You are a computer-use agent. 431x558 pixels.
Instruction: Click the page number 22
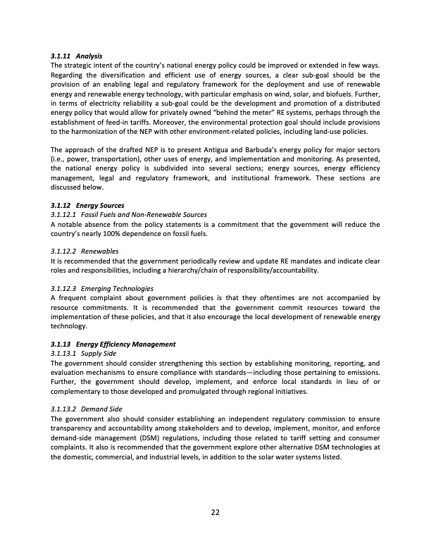(216, 512)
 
